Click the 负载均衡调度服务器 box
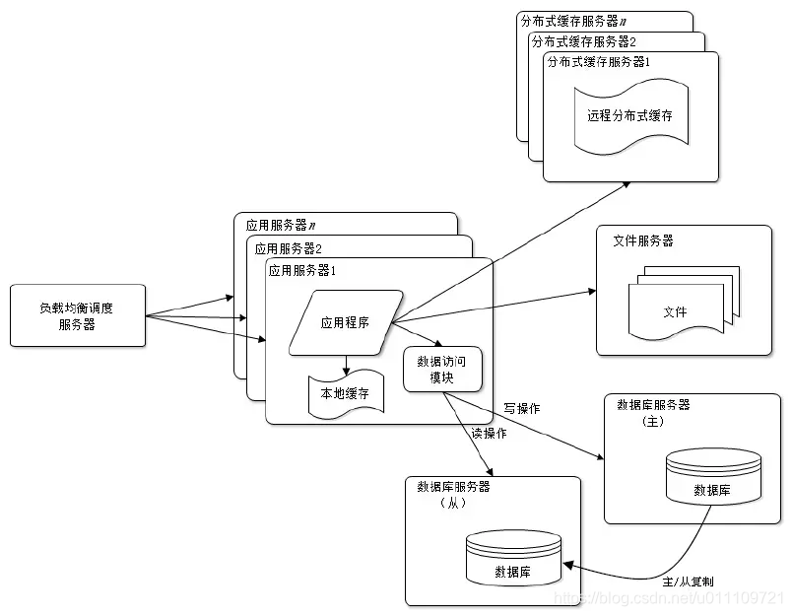pyautogui.click(x=77, y=315)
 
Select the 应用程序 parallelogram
pyautogui.click(x=346, y=322)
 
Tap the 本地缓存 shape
pyautogui.click(x=346, y=394)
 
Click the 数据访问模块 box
pyautogui.click(x=442, y=370)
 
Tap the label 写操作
pyautogui.click(x=522, y=408)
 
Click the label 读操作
pyautogui.click(x=490, y=433)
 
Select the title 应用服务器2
pyautogui.click(x=290, y=248)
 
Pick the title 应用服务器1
pyautogui.click(x=302, y=270)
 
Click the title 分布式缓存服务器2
pyautogui.click(x=584, y=42)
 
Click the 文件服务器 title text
pyautogui.click(x=643, y=240)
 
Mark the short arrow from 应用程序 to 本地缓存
pyautogui.click(x=346, y=366)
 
